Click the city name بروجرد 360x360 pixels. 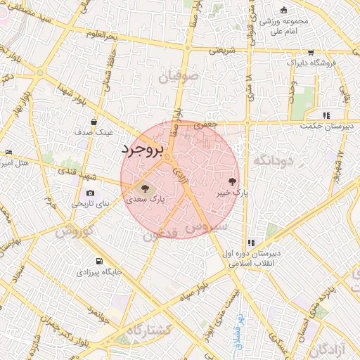coord(142,150)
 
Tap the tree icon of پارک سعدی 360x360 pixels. coord(144,188)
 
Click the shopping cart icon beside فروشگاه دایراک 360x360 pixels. coord(311,53)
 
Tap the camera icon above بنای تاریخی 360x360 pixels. coord(90,193)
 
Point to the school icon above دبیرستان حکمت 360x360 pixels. coord(326,115)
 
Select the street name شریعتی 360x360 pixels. coord(214,51)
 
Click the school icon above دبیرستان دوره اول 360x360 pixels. coord(251,243)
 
